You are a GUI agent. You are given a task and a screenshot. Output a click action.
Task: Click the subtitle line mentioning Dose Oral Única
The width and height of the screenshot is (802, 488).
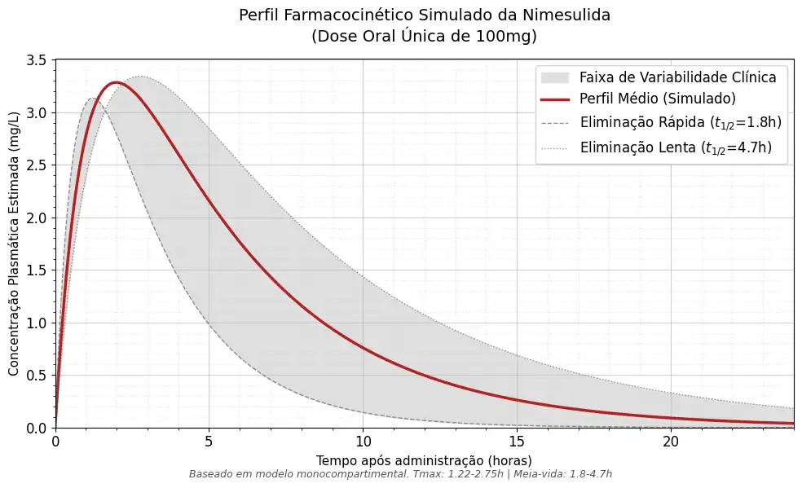click(x=424, y=36)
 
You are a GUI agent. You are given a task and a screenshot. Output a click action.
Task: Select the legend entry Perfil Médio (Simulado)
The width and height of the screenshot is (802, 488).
click(x=658, y=99)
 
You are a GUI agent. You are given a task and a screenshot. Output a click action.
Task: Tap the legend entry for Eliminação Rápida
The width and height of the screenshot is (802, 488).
click(x=681, y=123)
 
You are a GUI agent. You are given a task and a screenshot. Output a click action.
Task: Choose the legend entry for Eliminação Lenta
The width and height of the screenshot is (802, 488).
click(x=676, y=147)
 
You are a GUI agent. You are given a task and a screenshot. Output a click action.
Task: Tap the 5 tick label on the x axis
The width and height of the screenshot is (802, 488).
click(x=209, y=442)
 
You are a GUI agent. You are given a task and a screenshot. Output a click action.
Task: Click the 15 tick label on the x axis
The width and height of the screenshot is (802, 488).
click(x=517, y=442)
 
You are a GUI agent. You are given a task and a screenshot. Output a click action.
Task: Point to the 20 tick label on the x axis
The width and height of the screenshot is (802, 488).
click(x=670, y=442)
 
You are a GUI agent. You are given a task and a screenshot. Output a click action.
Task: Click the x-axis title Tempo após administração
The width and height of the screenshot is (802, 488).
click(x=424, y=460)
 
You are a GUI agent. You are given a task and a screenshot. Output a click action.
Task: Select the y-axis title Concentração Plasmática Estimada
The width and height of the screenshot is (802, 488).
click(x=14, y=244)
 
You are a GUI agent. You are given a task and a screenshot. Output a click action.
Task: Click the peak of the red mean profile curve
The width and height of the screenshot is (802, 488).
click(x=116, y=82)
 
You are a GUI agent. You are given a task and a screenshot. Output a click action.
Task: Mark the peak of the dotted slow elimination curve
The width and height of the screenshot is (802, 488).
click(x=140, y=77)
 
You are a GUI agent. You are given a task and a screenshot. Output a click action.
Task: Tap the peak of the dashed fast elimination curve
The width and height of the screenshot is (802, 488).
click(x=93, y=99)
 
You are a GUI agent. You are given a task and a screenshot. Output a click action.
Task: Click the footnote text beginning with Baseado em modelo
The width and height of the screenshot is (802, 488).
click(x=400, y=473)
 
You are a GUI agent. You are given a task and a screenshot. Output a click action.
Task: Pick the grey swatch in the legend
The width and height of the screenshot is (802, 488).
click(x=553, y=77)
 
